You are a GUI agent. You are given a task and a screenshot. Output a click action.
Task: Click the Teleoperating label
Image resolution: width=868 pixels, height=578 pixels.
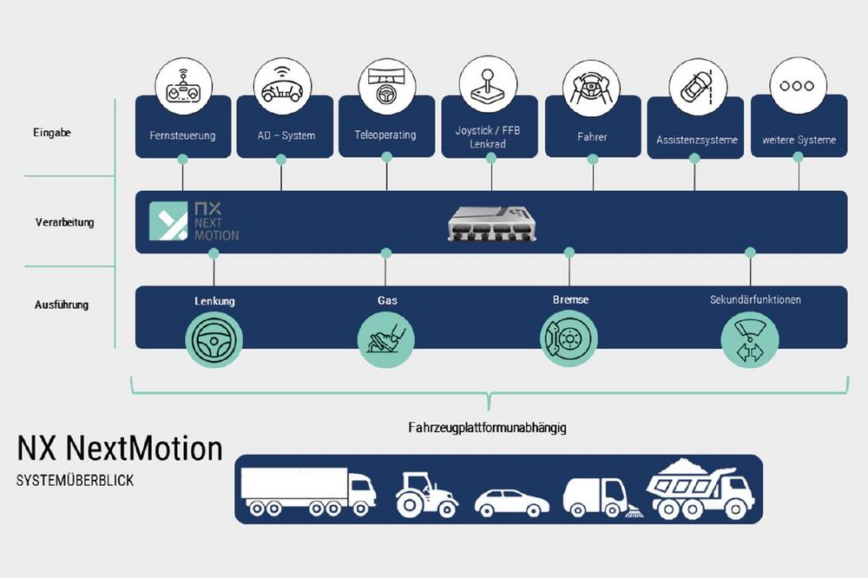pyautogui.click(x=385, y=135)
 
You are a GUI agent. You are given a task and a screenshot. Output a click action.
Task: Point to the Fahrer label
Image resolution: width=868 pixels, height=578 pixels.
pyautogui.click(x=592, y=137)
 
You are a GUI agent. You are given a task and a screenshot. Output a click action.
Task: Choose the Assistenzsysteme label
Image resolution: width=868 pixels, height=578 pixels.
pyautogui.click(x=696, y=140)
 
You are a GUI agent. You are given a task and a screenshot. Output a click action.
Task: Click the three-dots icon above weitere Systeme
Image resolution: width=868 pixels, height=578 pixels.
pyautogui.click(x=798, y=86)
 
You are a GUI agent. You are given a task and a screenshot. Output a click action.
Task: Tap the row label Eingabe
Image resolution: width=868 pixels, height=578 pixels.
pyautogui.click(x=53, y=133)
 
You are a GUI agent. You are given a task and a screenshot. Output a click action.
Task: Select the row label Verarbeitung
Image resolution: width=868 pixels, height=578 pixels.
pyautogui.click(x=65, y=222)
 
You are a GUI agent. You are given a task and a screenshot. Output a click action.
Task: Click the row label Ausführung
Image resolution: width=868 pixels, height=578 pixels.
pyautogui.click(x=62, y=305)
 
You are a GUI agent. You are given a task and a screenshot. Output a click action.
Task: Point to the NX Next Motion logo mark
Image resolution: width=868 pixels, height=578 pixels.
pyautogui.click(x=168, y=221)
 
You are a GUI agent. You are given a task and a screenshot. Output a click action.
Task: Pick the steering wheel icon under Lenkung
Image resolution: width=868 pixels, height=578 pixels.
pyautogui.click(x=214, y=339)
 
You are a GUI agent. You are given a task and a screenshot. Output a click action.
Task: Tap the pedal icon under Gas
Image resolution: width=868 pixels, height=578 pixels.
pyautogui.click(x=386, y=339)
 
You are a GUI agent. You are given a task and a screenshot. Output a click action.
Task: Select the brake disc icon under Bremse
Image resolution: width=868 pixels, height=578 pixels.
pyautogui.click(x=569, y=339)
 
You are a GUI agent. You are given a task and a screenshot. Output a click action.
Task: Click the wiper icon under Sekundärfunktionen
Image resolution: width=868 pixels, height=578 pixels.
pyautogui.click(x=750, y=339)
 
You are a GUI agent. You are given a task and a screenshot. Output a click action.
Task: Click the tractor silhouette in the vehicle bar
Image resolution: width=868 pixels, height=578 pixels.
pyautogui.click(x=426, y=495)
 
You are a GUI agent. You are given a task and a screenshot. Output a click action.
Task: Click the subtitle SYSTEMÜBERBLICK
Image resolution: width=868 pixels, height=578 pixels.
pyautogui.click(x=75, y=480)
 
